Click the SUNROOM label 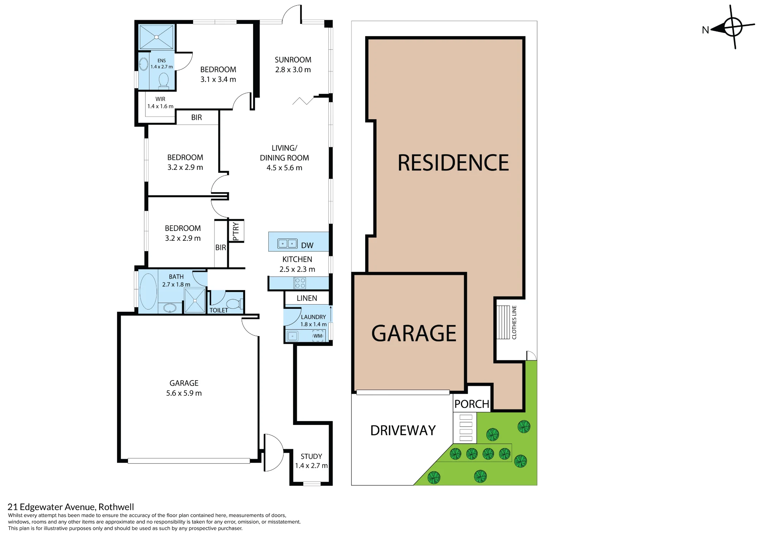(293, 60)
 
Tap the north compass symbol (732, 27)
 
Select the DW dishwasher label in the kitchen (307, 245)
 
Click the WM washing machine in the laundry (318, 336)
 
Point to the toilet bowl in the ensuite (163, 80)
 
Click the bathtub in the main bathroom (148, 291)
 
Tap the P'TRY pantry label (236, 231)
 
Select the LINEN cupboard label (307, 298)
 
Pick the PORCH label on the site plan (472, 404)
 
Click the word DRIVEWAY (403, 430)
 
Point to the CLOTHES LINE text (514, 322)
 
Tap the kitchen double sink (287, 243)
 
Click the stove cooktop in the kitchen (300, 283)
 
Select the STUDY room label (311, 456)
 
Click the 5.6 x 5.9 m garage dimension (184, 393)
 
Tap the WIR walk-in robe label (160, 99)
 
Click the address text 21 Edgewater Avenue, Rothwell (71, 507)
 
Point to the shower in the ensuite (157, 37)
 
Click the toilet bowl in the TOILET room (233, 304)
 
